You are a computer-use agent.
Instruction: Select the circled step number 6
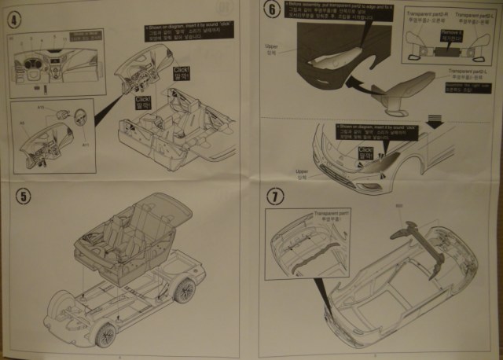point(272,10)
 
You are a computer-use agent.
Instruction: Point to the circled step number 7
point(274,197)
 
